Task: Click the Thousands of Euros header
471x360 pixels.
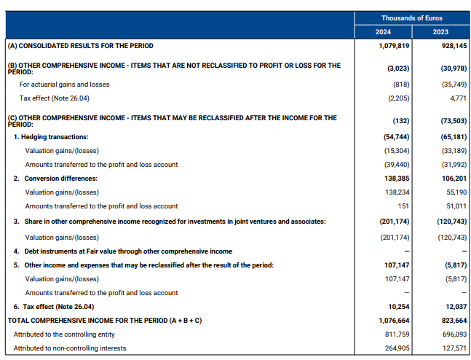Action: pos(411,18)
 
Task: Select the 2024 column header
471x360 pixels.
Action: pos(383,32)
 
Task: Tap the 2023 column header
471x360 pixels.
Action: pos(440,32)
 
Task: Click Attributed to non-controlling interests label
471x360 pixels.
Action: pos(69,348)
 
